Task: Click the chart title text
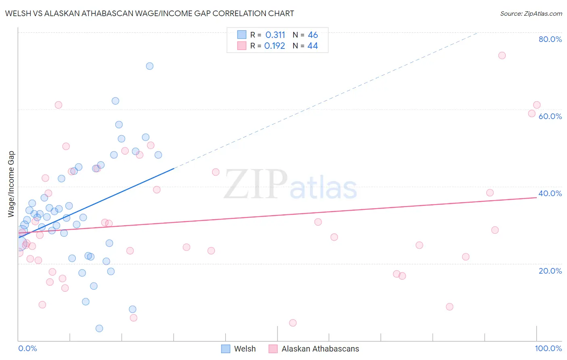point(150,13)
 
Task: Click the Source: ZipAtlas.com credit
point(531,14)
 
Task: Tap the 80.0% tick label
point(550,39)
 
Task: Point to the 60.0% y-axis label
point(550,116)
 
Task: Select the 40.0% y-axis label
point(550,193)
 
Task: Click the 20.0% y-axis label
point(550,271)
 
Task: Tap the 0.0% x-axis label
point(27,348)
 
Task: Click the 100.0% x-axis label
point(548,348)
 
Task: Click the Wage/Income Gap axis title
point(11,184)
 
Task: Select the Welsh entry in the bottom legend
point(245,349)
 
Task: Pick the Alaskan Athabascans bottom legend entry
point(320,349)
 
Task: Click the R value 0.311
point(275,35)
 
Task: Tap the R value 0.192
point(275,46)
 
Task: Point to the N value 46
point(313,35)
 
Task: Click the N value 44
point(313,46)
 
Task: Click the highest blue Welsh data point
point(150,66)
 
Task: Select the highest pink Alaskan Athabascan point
point(502,56)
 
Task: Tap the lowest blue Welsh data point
point(99,329)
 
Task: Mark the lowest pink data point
point(293,323)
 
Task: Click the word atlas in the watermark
point(323,188)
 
